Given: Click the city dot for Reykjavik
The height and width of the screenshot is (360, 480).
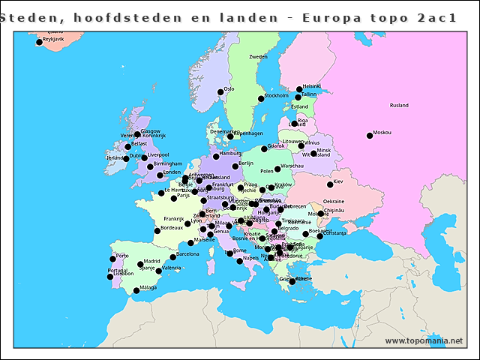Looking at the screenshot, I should [x=39, y=43].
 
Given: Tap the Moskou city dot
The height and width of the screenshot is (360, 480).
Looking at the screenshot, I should [x=369, y=136].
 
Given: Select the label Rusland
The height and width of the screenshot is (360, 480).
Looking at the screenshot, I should [x=399, y=106].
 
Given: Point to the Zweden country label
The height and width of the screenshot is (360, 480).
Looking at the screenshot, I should [x=258, y=57].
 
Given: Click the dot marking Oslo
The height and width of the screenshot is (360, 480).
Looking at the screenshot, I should [x=220, y=92].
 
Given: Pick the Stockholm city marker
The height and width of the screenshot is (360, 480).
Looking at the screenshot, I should [x=261, y=99].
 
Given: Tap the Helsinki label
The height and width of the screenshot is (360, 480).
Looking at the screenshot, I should [x=312, y=86].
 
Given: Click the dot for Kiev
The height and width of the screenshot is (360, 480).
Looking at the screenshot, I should [x=330, y=184].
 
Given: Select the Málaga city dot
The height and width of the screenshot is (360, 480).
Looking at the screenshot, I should [x=136, y=291].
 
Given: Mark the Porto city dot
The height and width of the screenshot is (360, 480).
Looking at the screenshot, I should [x=112, y=259].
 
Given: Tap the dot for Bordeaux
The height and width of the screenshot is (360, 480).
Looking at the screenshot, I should [x=157, y=230].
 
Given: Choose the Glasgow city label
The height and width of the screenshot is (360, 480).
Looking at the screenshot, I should [x=151, y=130].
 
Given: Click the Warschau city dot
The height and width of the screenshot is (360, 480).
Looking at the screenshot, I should [x=277, y=169].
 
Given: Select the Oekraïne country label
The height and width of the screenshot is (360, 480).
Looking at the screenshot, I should [x=334, y=201].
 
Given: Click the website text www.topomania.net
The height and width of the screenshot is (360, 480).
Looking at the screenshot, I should [x=424, y=341].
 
